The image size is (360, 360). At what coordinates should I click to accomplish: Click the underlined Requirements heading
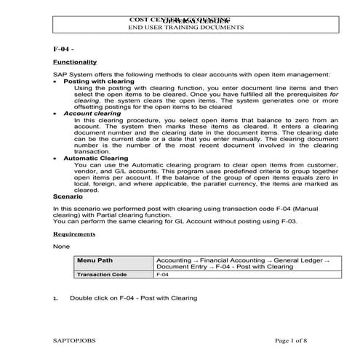(73, 234)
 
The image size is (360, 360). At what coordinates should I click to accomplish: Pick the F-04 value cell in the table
(163, 275)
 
